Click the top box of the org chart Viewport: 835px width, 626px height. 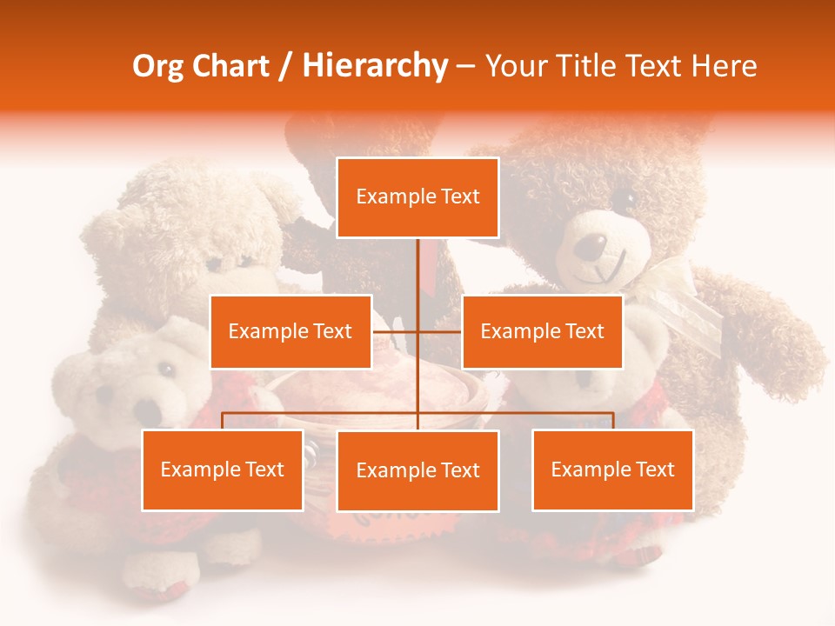click(417, 197)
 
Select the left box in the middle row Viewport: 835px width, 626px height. click(291, 331)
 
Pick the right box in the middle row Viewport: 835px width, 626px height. click(542, 331)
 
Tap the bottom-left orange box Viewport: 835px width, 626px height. click(223, 469)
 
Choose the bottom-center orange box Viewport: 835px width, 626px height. click(417, 470)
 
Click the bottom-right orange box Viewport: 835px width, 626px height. click(612, 469)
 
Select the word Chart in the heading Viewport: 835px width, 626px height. click(231, 66)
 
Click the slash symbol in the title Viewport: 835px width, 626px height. click(284, 66)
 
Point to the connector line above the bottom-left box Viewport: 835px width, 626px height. click(223, 420)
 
